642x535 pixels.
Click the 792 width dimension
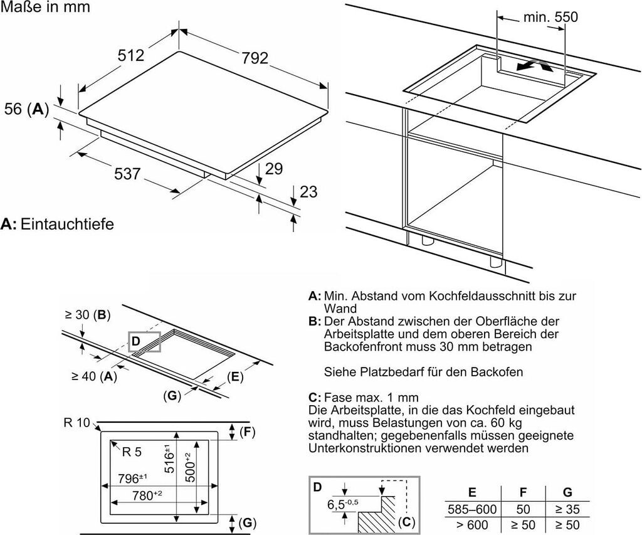(255, 58)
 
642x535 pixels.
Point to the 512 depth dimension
(131, 55)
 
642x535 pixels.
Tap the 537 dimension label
(127, 174)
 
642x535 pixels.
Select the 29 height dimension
(274, 169)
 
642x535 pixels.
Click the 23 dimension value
(308, 191)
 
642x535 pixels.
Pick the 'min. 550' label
(550, 17)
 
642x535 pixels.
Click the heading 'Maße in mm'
(45, 7)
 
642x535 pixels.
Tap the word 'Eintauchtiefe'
(67, 224)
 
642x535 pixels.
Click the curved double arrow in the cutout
(534, 66)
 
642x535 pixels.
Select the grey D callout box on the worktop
(145, 341)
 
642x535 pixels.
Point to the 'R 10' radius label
(76, 422)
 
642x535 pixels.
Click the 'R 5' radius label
(132, 452)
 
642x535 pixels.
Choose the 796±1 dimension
(132, 478)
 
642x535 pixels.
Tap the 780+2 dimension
(147, 495)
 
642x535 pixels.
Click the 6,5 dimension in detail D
(343, 504)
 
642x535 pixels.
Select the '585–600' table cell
(472, 509)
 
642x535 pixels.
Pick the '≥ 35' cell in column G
(567, 509)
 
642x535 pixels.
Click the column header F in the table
(523, 492)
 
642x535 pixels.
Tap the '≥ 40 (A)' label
(94, 376)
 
